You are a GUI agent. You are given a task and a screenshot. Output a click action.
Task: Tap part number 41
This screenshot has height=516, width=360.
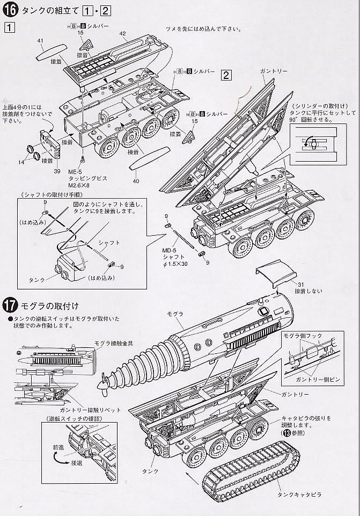pos(41,40)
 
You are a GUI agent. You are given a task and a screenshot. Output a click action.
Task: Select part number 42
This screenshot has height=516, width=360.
pos(122,33)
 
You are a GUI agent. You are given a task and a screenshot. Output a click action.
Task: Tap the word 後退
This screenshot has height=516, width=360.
pos(72,461)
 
